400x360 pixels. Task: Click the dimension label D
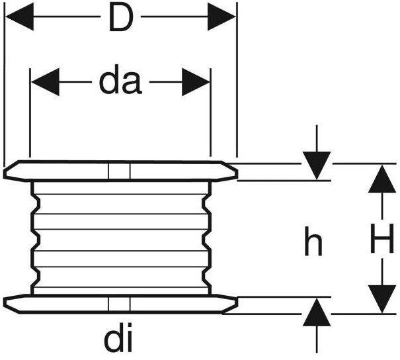(x=120, y=20)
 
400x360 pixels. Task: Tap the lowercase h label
(x=313, y=243)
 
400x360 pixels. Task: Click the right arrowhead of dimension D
(x=221, y=18)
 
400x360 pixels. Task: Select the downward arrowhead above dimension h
(x=317, y=165)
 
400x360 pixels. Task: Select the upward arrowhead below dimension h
(x=317, y=312)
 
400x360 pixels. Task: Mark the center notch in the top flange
(x=119, y=171)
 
